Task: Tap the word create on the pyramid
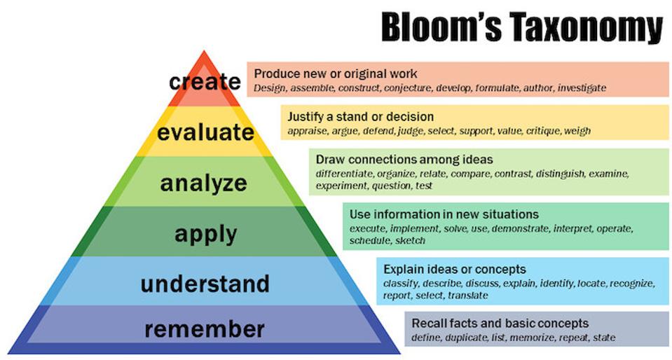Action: [205, 81]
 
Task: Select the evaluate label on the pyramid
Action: [205, 132]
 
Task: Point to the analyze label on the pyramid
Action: [204, 183]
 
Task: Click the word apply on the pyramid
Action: [204, 233]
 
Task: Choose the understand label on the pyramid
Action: [205, 284]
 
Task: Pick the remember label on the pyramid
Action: [204, 328]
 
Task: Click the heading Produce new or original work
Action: [336, 74]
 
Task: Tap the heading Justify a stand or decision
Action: [361, 116]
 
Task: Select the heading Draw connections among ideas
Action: [404, 159]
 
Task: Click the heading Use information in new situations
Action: [444, 214]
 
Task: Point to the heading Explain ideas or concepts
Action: [455, 269]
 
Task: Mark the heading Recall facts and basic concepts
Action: [500, 324]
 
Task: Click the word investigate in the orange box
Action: [582, 88]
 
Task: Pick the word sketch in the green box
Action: [410, 241]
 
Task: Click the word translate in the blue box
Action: [467, 296]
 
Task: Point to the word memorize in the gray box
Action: [530, 338]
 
